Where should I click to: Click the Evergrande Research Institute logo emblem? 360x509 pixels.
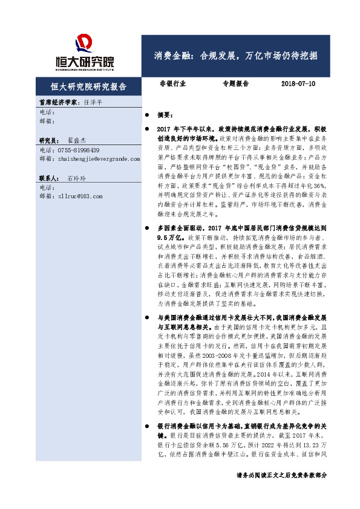85,44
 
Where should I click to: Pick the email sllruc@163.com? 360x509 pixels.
79,196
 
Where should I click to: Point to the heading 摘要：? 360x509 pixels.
165,115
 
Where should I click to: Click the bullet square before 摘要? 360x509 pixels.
147,115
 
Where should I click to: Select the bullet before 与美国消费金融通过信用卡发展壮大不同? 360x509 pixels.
147,317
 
